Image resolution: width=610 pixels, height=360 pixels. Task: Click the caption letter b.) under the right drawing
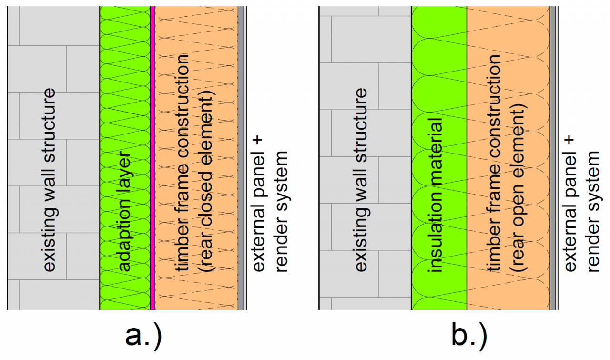[469, 337]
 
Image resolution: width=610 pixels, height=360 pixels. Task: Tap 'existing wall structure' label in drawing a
[49, 180]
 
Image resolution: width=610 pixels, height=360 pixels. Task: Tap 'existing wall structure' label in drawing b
[361, 180]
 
